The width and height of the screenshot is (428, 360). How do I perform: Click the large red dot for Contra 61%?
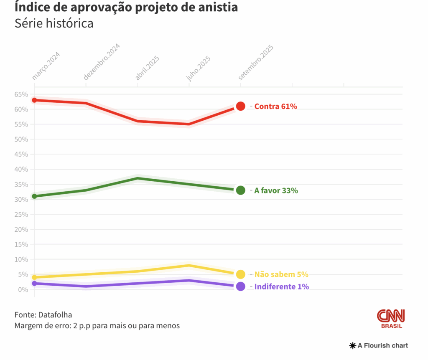[x=240, y=106]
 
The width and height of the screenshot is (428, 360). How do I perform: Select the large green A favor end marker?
[x=240, y=190]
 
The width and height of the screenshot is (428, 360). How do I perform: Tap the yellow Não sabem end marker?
[x=240, y=274]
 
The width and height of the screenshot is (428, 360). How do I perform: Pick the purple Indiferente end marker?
[x=240, y=286]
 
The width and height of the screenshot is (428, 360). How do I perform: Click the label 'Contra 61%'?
[x=275, y=106]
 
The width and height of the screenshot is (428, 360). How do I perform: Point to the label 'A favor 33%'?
[x=276, y=190]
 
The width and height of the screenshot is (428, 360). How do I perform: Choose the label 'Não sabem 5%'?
[x=281, y=274]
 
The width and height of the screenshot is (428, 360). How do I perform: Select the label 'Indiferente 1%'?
[x=282, y=287]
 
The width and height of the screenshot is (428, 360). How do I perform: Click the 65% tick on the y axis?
[x=21, y=94]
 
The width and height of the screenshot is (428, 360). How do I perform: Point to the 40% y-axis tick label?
[x=21, y=169]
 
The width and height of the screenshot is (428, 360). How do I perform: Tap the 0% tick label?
[x=23, y=289]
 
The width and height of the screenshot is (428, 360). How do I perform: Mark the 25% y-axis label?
[x=21, y=214]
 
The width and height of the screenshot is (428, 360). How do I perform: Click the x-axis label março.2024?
[x=46, y=66]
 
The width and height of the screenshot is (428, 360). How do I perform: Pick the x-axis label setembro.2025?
[x=255, y=63]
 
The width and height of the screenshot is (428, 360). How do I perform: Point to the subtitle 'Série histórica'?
[x=54, y=23]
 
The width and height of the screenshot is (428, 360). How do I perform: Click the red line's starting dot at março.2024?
[x=34, y=100]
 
